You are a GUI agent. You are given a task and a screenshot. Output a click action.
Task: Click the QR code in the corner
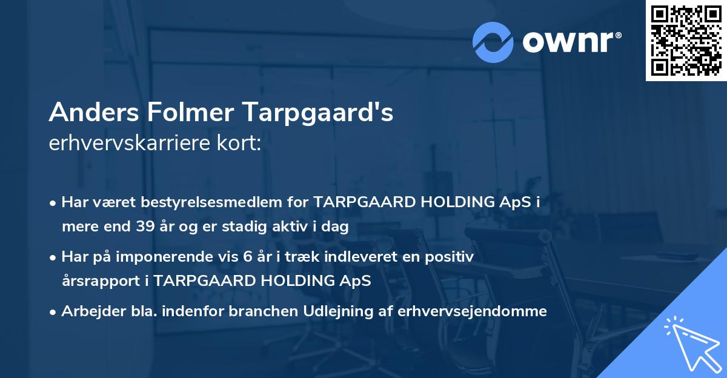[686, 40]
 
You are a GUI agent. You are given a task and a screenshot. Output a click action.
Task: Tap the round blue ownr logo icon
[493, 42]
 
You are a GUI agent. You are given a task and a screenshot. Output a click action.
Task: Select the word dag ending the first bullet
[336, 227]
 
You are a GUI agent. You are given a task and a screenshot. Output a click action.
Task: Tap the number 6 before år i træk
[247, 257]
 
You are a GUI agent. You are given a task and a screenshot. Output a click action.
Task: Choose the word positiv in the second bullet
[452, 257]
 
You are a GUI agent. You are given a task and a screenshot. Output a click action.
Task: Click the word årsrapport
[105, 281]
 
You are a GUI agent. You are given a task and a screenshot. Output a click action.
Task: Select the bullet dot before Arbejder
[53, 311]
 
